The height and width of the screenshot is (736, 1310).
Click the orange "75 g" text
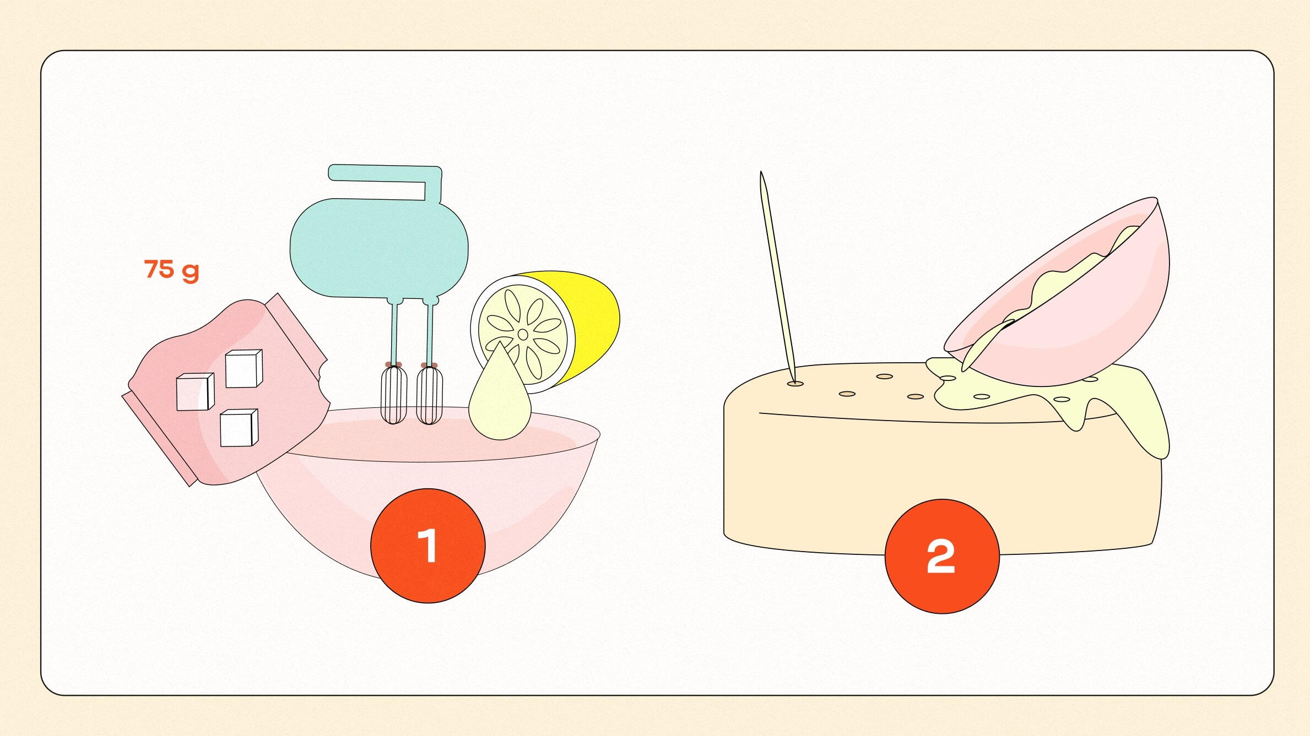click(171, 270)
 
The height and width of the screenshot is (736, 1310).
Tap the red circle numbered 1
click(427, 545)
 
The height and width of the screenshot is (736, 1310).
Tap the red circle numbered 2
click(941, 556)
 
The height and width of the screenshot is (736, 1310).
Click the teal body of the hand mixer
click(379, 248)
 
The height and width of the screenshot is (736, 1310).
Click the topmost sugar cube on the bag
click(243, 369)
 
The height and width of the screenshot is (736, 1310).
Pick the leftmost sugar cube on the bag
click(194, 392)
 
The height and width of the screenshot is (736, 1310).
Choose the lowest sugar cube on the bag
click(239, 428)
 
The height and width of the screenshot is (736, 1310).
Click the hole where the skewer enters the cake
click(795, 383)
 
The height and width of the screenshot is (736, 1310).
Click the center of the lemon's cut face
click(523, 334)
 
